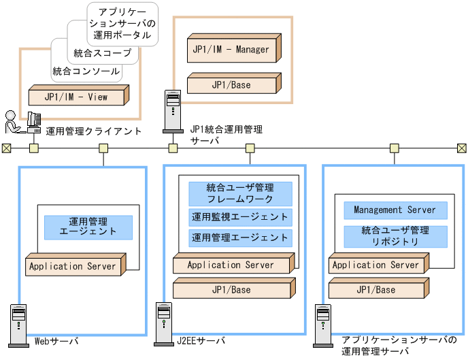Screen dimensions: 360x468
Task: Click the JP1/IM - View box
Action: coord(76,97)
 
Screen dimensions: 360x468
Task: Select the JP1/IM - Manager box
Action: coord(231,50)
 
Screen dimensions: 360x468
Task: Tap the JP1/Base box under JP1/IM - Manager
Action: coord(231,85)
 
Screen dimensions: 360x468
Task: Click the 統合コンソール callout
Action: coord(86,71)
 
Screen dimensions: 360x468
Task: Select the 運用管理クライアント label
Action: coord(94,131)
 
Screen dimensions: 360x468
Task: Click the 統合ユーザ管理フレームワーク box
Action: coord(240,193)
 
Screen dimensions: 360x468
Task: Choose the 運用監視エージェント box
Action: coord(240,218)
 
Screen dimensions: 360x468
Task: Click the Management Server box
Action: coord(395,210)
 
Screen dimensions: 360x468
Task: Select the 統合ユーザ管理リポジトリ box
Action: coord(395,236)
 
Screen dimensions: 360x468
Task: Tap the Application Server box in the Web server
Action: coord(73,266)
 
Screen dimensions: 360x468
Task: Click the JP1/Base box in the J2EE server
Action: coord(231,290)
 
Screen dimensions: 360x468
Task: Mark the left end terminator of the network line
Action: coord(6,148)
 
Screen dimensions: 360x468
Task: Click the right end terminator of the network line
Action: coord(462,148)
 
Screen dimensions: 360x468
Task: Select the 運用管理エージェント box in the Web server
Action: coord(88,227)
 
